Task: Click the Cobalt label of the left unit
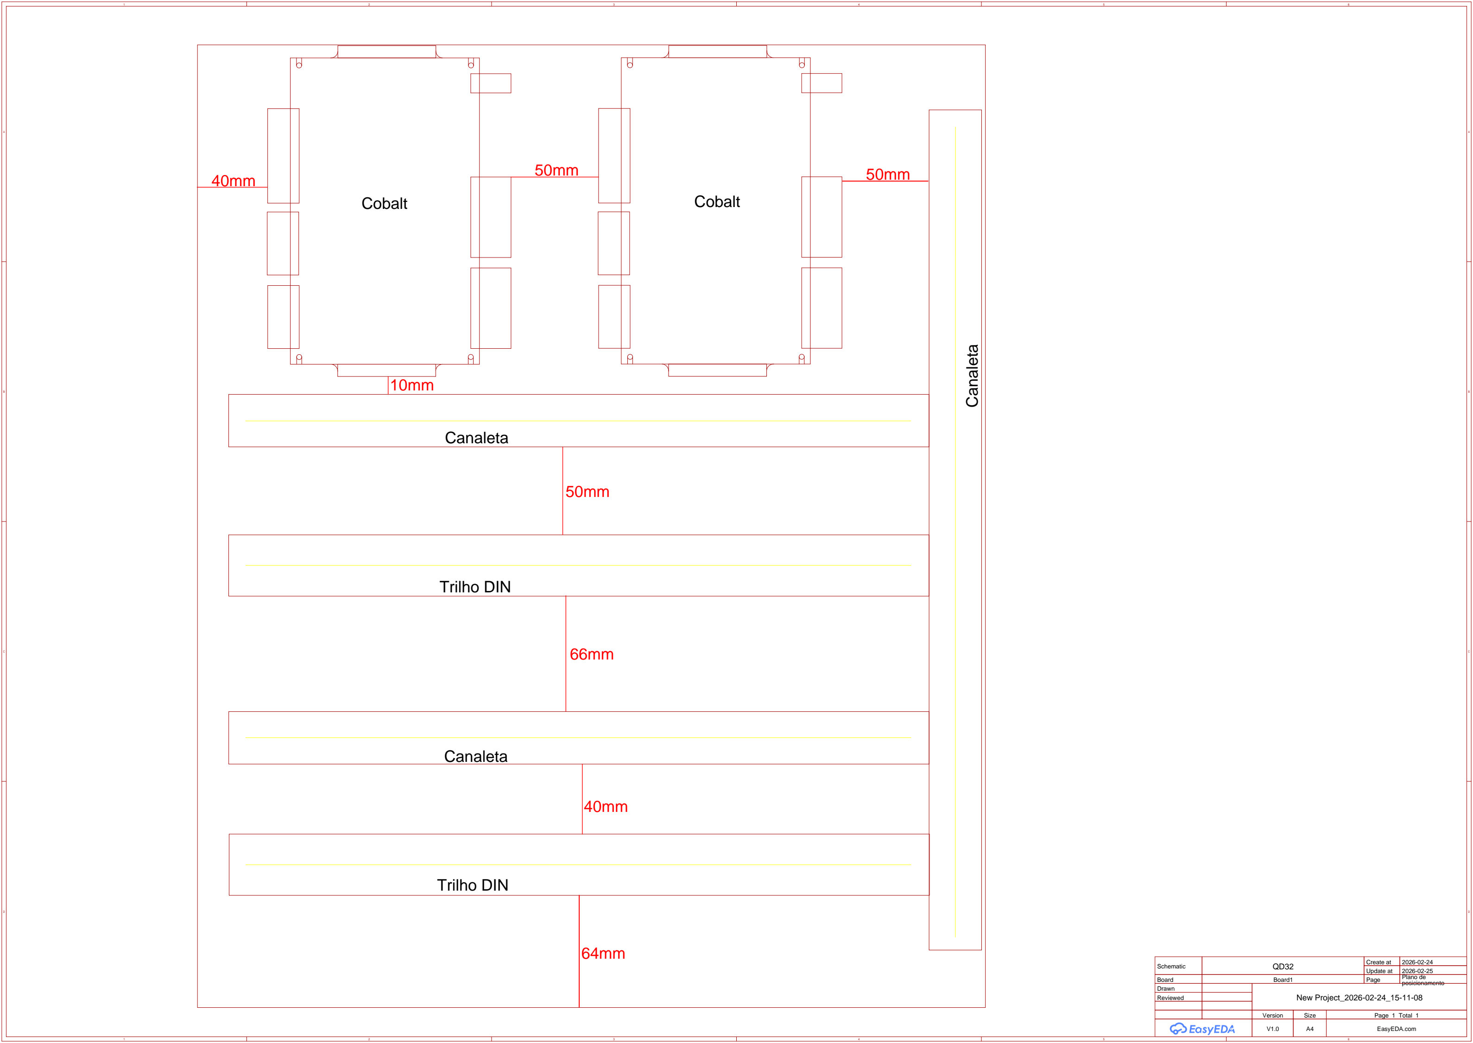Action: pos(384,204)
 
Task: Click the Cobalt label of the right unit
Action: pos(717,201)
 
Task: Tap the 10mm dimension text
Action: pos(412,385)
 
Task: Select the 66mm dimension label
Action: pos(592,654)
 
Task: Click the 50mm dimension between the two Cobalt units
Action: pos(556,170)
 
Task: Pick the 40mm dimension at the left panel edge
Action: pos(233,181)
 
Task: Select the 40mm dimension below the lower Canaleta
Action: pos(606,807)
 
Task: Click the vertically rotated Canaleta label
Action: pos(972,376)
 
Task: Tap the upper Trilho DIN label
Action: pos(475,587)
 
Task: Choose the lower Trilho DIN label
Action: pos(473,885)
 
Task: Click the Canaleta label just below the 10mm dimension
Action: pos(477,438)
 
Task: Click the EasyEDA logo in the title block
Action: pos(1202,1029)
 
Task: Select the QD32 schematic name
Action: pos(1283,967)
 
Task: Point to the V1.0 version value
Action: pos(1272,1029)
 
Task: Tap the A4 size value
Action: pos(1310,1029)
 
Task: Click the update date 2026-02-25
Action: pos(1417,971)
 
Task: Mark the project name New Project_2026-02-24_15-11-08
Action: pos(1359,998)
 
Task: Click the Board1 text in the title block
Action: pos(1283,980)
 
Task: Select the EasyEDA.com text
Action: pos(1397,1029)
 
